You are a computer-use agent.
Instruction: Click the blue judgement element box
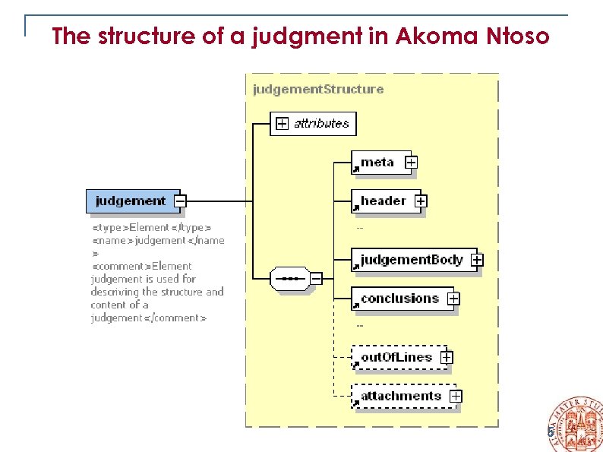(x=131, y=201)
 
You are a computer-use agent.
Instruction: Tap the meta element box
(x=377, y=162)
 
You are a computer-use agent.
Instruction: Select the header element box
(x=383, y=201)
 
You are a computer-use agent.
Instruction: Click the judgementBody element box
(x=411, y=260)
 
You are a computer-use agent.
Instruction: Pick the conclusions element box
(x=399, y=299)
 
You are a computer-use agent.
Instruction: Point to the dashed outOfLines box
(x=396, y=357)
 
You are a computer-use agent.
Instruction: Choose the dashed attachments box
(x=401, y=396)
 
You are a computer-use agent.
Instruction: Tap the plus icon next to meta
(x=411, y=162)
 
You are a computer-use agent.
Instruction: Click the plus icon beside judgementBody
(x=476, y=260)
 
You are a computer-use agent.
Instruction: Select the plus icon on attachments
(x=455, y=396)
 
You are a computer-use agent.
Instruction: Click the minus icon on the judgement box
(x=180, y=201)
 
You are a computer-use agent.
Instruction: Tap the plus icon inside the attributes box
(x=282, y=123)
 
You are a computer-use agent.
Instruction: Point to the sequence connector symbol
(x=289, y=279)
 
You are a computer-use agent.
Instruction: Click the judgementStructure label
(x=318, y=89)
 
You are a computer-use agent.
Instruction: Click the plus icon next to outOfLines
(x=447, y=357)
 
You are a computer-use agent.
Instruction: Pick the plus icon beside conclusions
(x=453, y=299)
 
